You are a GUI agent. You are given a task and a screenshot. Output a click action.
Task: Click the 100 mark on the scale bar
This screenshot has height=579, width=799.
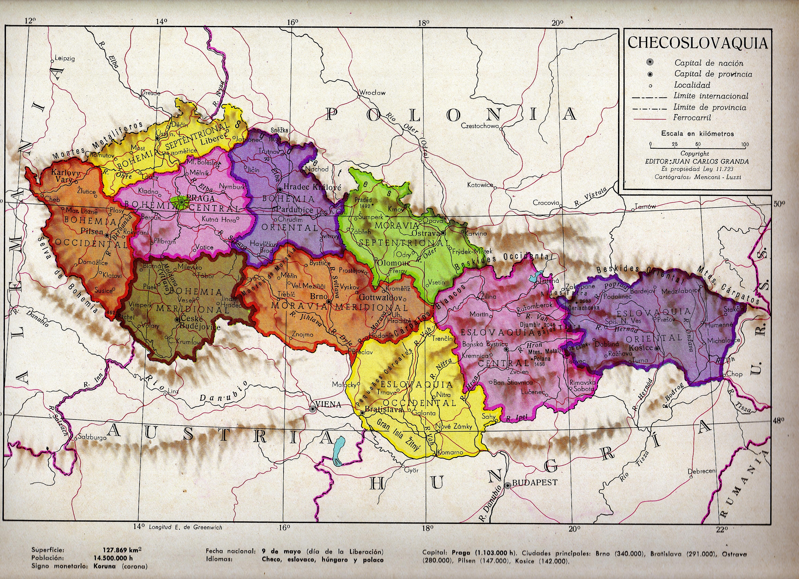point(745,144)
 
